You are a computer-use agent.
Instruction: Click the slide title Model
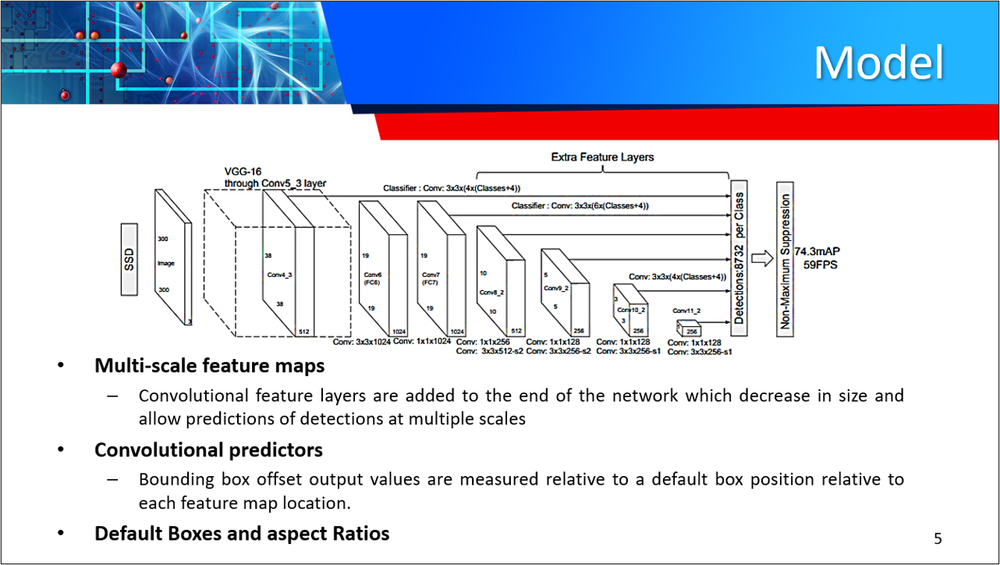[x=878, y=62]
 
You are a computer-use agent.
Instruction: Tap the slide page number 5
[x=938, y=538]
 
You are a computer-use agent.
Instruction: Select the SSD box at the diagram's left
[x=129, y=260]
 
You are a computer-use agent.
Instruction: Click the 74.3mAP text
[x=817, y=252]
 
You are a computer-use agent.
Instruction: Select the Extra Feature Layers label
[x=602, y=157]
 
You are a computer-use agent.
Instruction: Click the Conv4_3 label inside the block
[x=279, y=275]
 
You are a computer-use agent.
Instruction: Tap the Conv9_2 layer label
[x=555, y=288]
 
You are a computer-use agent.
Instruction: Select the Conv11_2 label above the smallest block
[x=686, y=311]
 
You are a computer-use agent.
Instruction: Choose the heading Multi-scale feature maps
[x=209, y=365]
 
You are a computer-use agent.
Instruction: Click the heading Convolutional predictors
[x=208, y=450]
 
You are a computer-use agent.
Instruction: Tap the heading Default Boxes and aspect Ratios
[x=242, y=534]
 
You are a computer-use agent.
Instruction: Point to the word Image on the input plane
[x=165, y=264]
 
